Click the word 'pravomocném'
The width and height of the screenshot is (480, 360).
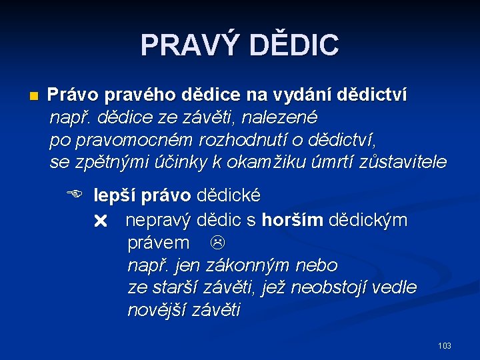click(x=133, y=141)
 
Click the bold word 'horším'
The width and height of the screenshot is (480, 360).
click(x=291, y=220)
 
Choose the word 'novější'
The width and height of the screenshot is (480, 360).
click(x=157, y=311)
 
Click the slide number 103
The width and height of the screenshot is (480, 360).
click(x=444, y=345)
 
